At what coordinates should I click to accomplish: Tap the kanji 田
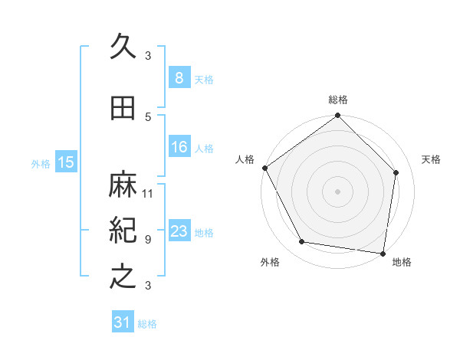point(123,109)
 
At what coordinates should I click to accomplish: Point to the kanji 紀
point(123,230)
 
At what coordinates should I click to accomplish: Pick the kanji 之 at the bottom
point(123,275)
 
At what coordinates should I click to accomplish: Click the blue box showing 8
point(179,78)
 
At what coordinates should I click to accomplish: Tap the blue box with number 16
point(179,147)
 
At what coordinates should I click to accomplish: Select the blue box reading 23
point(179,231)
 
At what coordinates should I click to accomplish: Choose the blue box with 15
point(66,162)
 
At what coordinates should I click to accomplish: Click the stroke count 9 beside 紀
point(148,239)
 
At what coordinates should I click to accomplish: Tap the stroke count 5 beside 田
point(148,116)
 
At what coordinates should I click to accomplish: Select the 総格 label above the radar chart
point(337,100)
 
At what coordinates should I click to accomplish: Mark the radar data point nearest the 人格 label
point(264,168)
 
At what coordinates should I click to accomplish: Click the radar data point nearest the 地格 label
point(383,253)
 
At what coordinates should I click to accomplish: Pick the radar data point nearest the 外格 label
point(302,242)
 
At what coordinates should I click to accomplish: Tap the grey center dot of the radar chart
point(337,191)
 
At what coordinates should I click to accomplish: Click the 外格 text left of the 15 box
point(41,163)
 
